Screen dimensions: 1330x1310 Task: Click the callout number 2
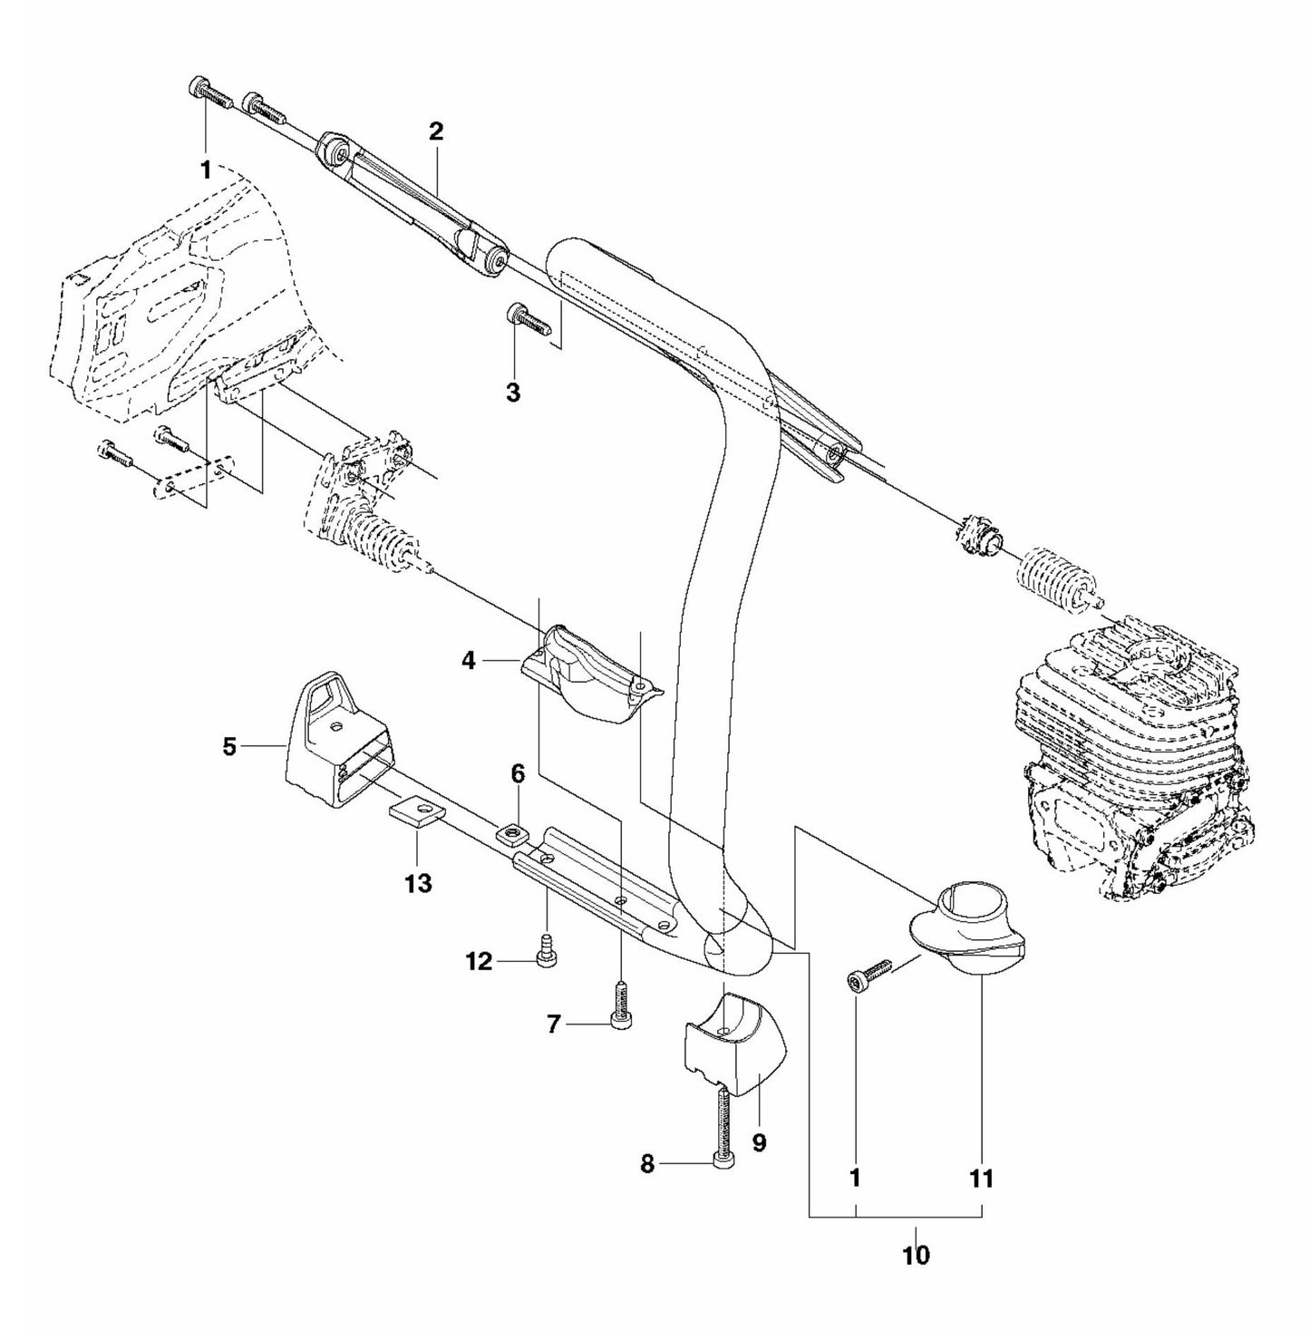pos(436,131)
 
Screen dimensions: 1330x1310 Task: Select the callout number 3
pos(513,393)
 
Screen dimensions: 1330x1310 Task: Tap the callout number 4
pos(469,661)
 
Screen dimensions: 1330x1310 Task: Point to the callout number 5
pos(229,746)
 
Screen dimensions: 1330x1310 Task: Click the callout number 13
pos(418,882)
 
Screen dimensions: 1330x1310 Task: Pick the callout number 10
pos(916,1255)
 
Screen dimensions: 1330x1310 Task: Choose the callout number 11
pos(982,1178)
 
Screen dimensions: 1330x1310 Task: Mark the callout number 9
pos(759,1142)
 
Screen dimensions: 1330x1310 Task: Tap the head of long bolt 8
pos(723,1164)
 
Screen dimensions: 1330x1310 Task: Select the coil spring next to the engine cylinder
pos(1056,577)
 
